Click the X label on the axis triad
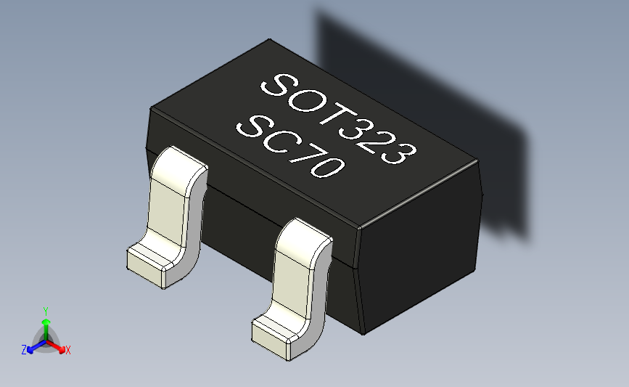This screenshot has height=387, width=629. point(67,350)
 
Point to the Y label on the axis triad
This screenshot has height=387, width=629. point(45,310)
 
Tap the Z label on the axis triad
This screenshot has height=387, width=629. point(24,350)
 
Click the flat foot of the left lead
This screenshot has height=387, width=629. point(149,263)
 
